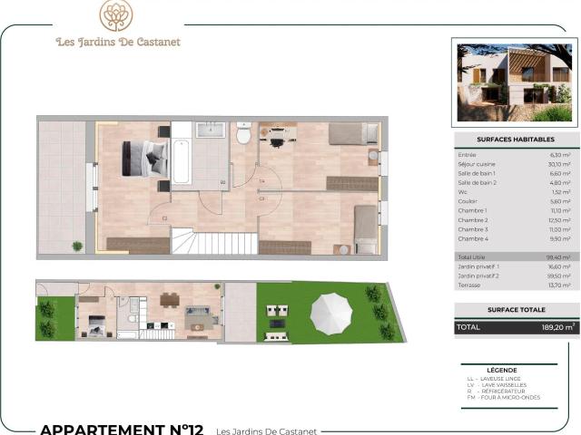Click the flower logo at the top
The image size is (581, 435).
click(x=116, y=15)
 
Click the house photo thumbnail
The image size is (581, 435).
click(x=515, y=80)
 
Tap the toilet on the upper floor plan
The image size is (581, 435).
click(x=243, y=135)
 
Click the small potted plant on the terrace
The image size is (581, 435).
click(x=77, y=246)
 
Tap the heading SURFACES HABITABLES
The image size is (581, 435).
click(x=515, y=140)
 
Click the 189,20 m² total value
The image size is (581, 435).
click(x=556, y=327)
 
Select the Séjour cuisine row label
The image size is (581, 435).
click(x=475, y=164)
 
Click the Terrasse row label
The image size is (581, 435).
click(x=469, y=285)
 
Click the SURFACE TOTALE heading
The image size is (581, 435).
click(x=515, y=310)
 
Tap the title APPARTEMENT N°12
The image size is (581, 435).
click(x=122, y=429)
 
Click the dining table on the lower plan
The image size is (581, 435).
click(x=170, y=299)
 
